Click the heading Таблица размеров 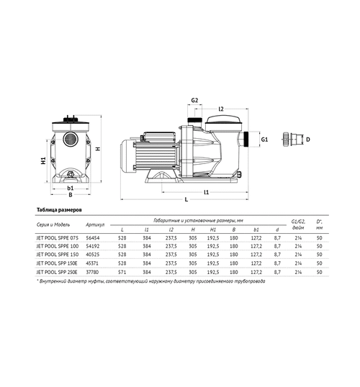[x=55, y=210]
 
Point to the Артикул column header [x=95, y=224]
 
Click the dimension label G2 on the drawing [x=194, y=101]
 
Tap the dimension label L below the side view [x=186, y=199]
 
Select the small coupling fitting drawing [x=294, y=138]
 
